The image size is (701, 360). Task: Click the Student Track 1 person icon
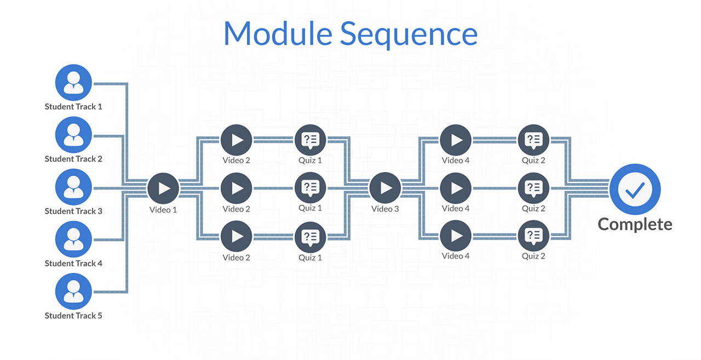[73, 83]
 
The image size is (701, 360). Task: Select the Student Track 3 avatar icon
[73, 187]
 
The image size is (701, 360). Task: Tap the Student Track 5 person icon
[73, 292]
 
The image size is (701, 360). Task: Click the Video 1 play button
[163, 188]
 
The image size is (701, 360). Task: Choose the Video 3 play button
[385, 188]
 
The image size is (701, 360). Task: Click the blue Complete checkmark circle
[635, 190]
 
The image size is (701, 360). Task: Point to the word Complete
[635, 224]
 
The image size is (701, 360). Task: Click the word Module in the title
[278, 33]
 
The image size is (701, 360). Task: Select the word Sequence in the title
[409, 35]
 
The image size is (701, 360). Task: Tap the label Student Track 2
[73, 159]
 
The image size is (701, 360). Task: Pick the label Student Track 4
[73, 264]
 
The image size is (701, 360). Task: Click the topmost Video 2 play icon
[236, 140]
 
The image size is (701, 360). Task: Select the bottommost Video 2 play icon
[236, 236]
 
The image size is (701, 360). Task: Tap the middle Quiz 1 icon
[310, 188]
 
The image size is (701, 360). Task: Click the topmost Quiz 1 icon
[310, 140]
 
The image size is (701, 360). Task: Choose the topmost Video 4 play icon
[456, 140]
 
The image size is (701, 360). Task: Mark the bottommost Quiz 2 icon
[533, 236]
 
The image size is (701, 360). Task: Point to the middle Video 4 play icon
[456, 188]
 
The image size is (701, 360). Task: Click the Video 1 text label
[163, 210]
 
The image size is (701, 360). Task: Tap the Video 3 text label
[385, 209]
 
